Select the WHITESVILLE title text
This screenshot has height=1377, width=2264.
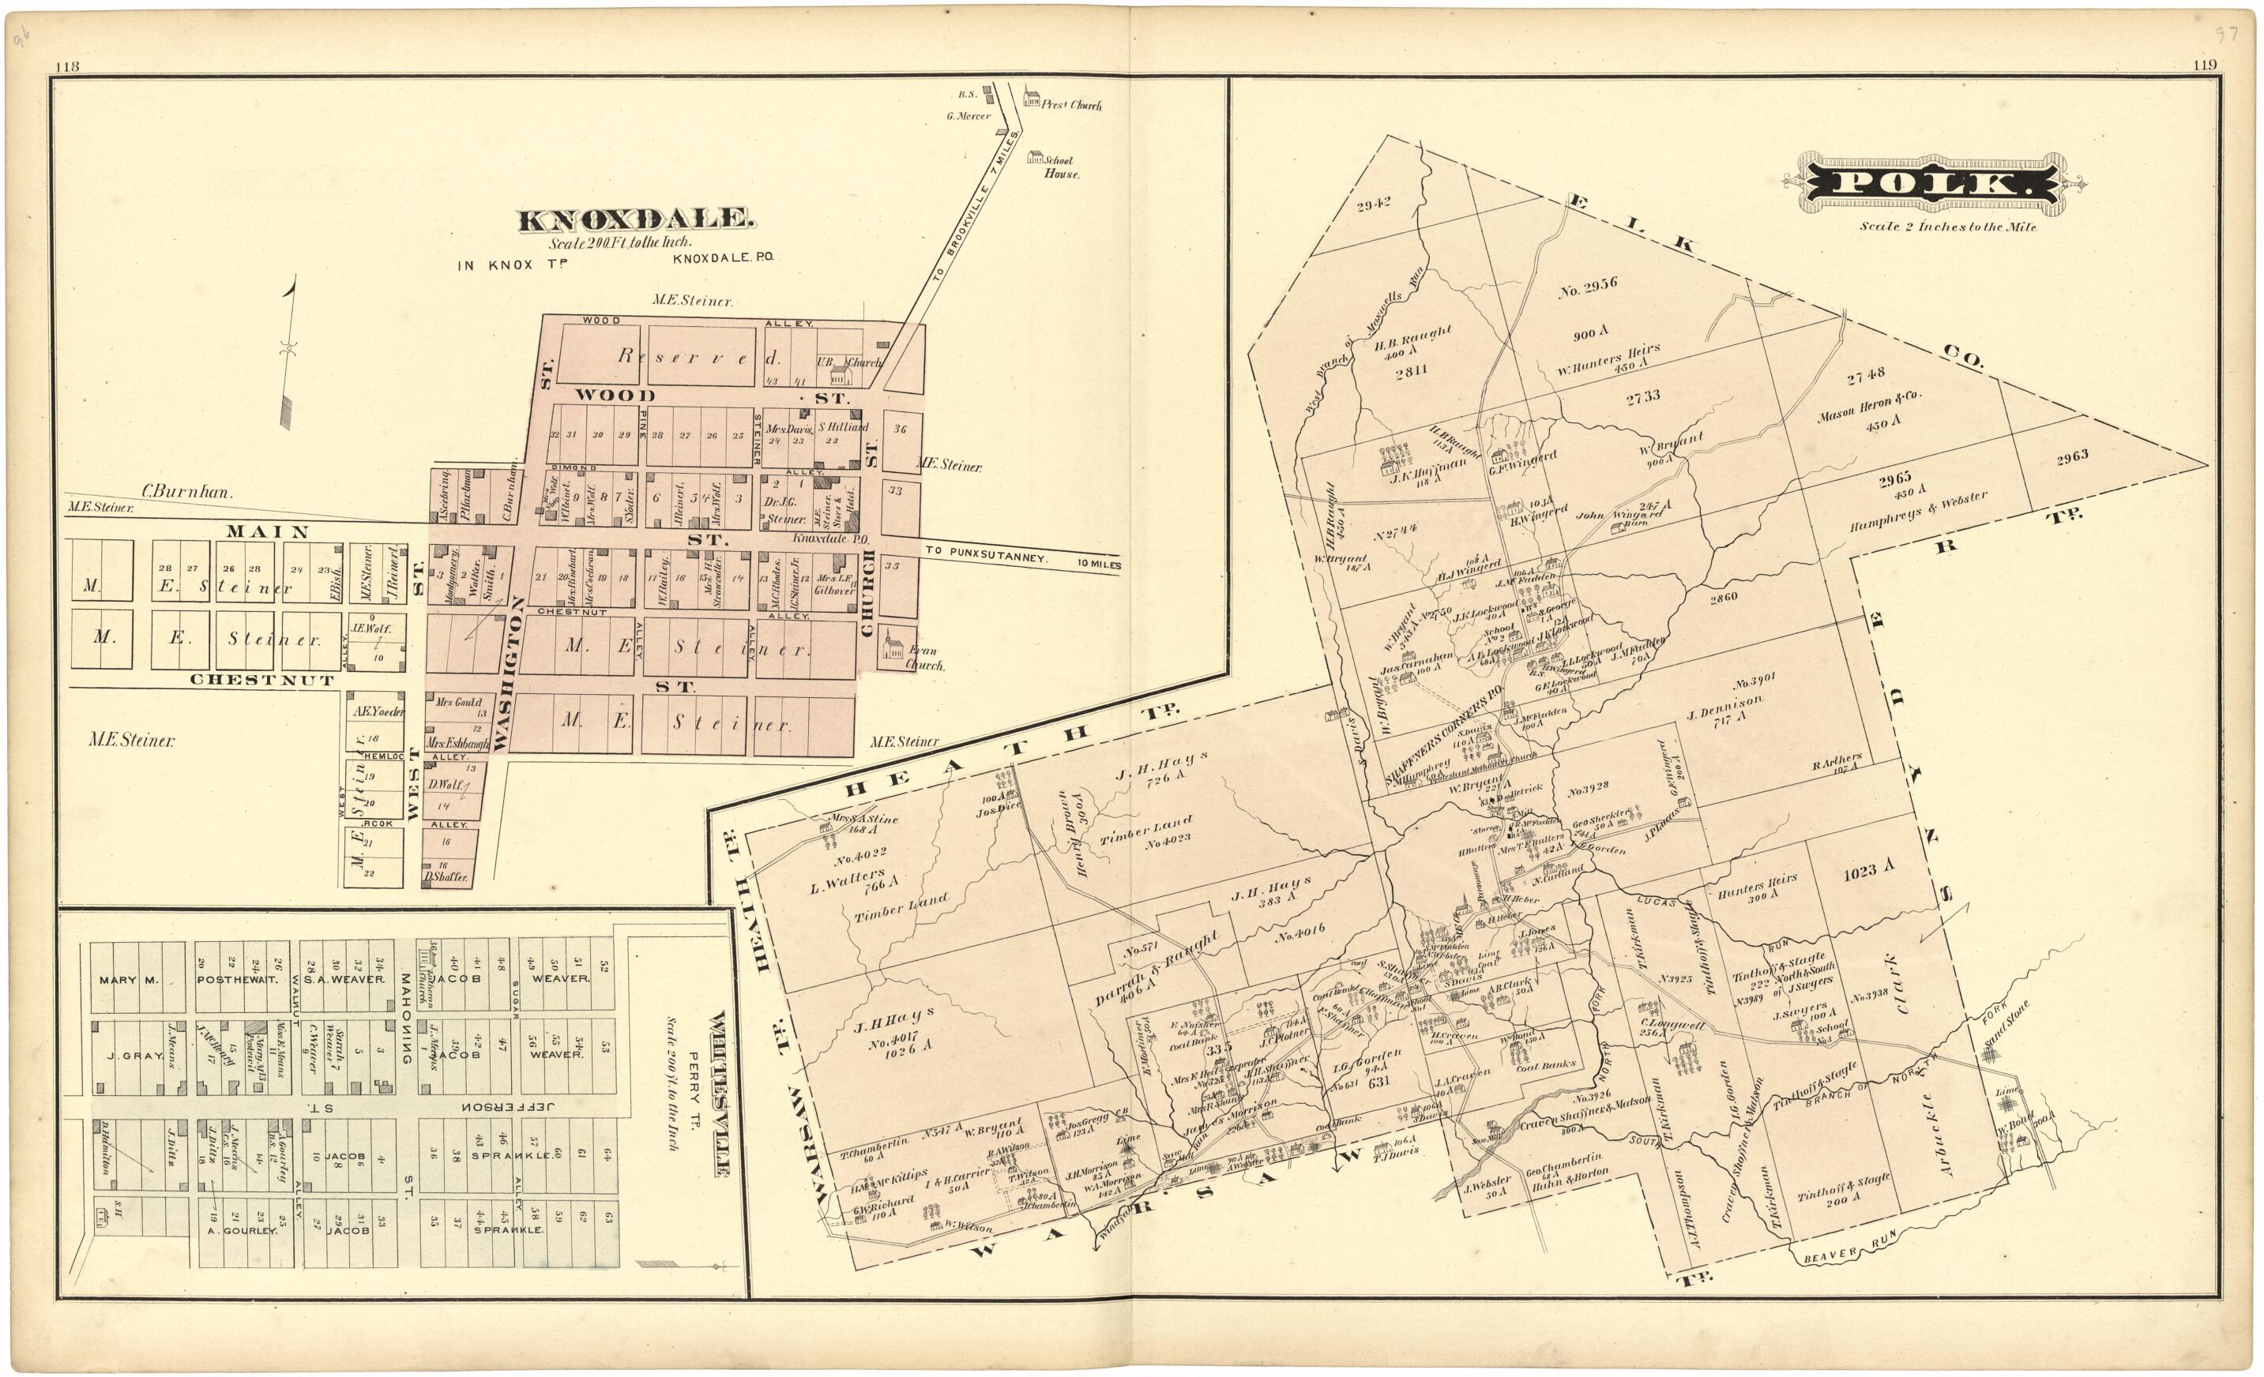point(720,1094)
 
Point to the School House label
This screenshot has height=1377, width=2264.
point(1060,167)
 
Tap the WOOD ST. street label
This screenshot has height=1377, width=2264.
point(712,397)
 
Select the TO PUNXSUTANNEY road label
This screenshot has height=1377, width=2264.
point(981,557)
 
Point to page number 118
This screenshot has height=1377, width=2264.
point(67,66)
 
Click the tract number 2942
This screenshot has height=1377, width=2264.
point(1374,204)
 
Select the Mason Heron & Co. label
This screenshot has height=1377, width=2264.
point(1869,405)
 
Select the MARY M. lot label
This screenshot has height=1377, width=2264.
point(129,979)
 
